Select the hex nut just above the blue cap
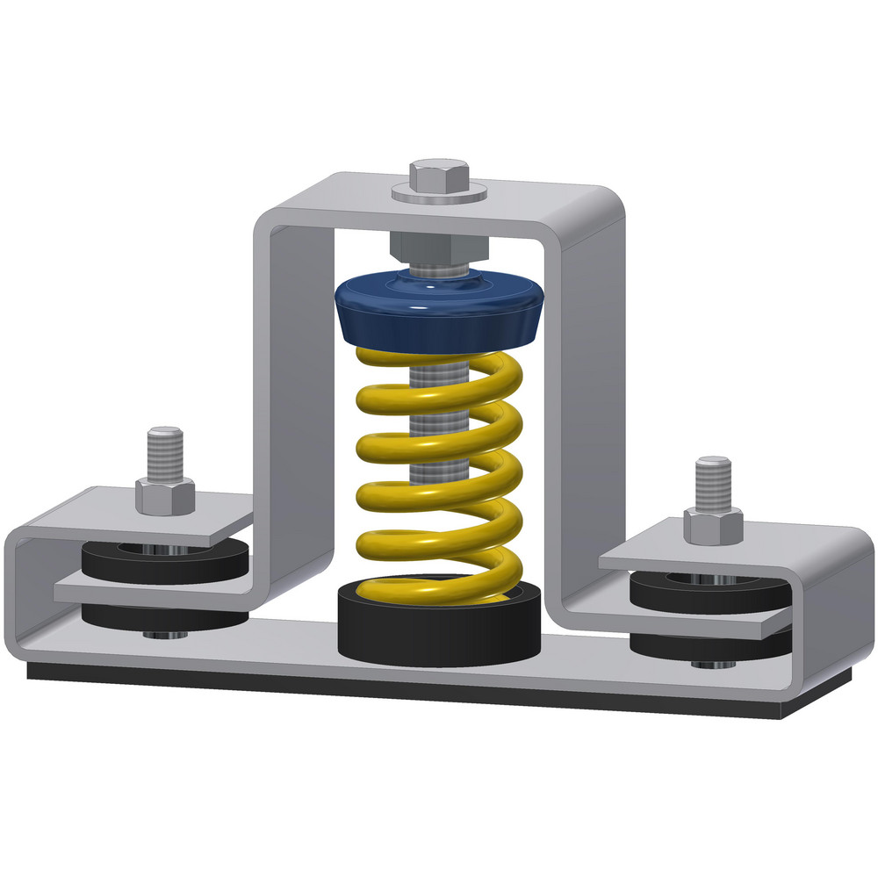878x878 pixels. tap(437, 248)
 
